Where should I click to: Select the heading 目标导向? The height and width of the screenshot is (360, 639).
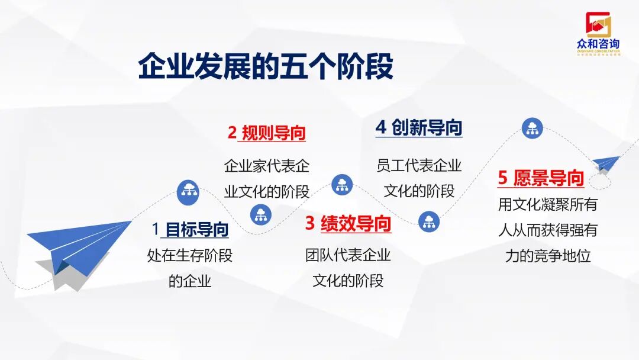[196, 229]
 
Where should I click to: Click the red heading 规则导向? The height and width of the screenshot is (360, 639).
[273, 133]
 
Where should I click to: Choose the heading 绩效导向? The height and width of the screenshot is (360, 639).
[356, 224]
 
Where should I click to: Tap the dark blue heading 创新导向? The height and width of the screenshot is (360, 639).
[427, 127]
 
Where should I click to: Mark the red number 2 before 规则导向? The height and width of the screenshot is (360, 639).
[232, 133]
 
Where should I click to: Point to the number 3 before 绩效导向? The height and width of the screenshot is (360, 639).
[310, 224]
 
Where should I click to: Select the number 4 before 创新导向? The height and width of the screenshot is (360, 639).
[381, 127]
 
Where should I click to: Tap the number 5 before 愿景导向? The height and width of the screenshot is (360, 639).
[503, 178]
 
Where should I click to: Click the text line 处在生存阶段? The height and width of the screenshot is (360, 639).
[190, 256]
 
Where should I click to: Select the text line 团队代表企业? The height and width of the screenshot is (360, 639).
[348, 256]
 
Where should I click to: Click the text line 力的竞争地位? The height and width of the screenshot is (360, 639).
[548, 256]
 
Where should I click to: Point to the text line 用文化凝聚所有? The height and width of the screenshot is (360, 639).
[548, 205]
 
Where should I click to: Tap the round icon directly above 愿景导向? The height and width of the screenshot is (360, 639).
[532, 128]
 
